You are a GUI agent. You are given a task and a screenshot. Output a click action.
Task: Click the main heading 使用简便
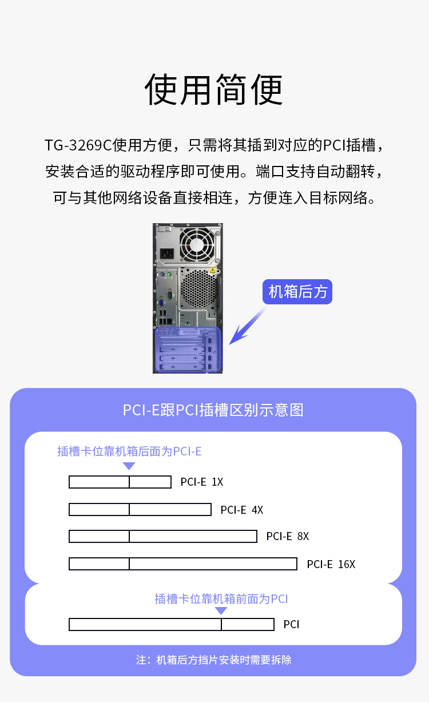214,90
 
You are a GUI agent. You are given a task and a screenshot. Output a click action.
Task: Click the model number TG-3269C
78,145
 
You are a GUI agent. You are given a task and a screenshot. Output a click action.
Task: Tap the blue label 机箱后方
297,292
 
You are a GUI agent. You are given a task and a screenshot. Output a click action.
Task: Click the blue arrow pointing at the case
247,326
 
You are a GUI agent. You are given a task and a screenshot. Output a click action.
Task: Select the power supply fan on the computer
197,245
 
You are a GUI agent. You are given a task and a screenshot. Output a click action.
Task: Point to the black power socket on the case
167,253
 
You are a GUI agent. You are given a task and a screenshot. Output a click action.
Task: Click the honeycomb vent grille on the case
198,288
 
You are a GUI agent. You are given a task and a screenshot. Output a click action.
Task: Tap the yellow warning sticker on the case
213,270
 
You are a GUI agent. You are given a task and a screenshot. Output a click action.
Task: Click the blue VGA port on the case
162,303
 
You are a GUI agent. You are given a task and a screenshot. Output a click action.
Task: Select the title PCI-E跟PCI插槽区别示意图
213,410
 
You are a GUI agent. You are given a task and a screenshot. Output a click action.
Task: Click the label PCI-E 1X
202,482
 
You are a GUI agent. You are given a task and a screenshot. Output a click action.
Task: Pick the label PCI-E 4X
242,510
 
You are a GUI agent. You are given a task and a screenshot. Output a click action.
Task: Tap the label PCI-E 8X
288,536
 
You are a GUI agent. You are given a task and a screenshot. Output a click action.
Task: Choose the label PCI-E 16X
331,564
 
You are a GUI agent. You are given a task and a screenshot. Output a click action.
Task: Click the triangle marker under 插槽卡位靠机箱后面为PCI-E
129,466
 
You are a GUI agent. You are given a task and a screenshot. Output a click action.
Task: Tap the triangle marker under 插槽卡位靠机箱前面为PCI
221,610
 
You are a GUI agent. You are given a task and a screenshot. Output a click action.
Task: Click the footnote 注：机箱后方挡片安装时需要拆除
214,660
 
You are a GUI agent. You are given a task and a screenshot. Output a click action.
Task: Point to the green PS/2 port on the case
169,275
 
